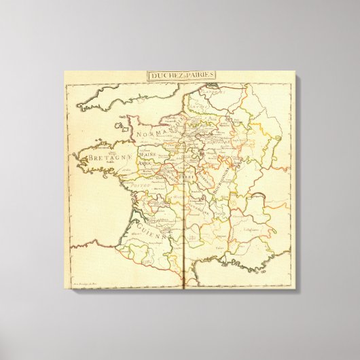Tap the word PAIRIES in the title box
tap(200, 76)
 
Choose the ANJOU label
tap(147, 164)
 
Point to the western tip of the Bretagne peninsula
tap(75, 158)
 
